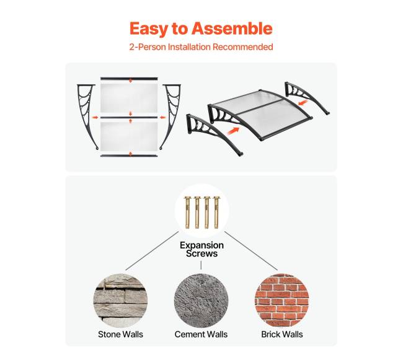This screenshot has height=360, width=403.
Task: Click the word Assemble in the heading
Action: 232,29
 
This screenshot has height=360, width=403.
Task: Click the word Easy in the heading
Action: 148,29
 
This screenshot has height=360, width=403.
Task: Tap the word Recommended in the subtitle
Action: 242,47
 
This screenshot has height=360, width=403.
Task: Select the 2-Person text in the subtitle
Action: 148,47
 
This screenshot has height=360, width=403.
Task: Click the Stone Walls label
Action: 120,334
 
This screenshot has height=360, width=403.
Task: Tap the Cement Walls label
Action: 201,334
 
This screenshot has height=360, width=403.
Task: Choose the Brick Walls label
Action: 282,334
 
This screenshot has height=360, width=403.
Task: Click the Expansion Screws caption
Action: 201,249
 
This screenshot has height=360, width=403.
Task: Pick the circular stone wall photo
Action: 120,301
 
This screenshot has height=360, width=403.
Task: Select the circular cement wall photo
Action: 201,301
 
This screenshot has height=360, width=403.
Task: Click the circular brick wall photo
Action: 282,301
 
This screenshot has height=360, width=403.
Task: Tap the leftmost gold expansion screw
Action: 187,212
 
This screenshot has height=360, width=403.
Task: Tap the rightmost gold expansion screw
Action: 216,212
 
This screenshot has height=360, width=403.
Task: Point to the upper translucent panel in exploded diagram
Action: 129,98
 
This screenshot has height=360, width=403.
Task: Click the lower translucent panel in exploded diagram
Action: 129,136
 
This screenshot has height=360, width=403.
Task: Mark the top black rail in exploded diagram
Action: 129,79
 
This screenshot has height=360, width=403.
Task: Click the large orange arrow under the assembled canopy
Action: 233,130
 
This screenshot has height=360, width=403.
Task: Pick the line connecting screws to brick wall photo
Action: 251,251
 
